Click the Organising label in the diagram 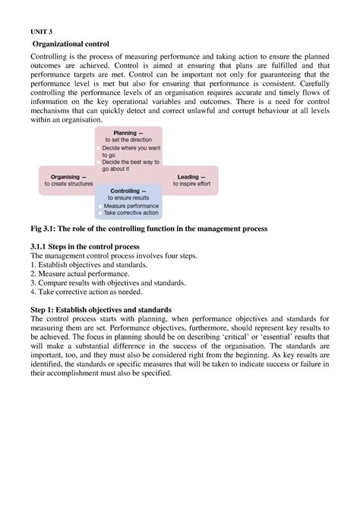click(68, 176)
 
